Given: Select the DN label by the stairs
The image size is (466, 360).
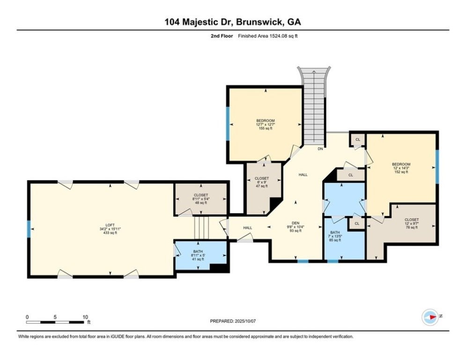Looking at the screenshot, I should coord(320,149).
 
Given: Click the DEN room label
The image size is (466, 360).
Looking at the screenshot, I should coord(296,223).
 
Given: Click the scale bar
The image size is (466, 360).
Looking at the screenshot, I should coord(56,322).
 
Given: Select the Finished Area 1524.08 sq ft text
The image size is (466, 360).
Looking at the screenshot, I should coord(267,36).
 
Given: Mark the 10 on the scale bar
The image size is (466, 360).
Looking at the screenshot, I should coord(85,317).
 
